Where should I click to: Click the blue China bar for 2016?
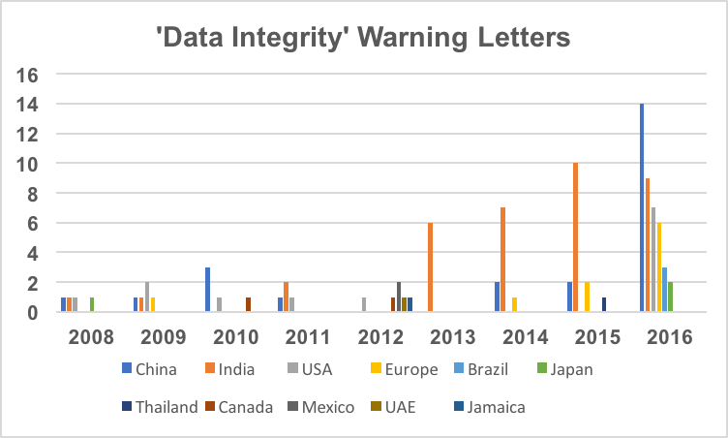pyautogui.click(x=642, y=207)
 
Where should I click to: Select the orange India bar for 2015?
pyautogui.click(x=576, y=237)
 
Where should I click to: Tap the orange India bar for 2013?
pyautogui.click(x=430, y=267)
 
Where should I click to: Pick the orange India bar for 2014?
pyautogui.click(x=503, y=260)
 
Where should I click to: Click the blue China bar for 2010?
pyautogui.click(x=208, y=290)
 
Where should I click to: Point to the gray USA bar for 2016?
pyautogui.click(x=653, y=260)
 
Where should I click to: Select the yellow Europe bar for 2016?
pyautogui.click(x=659, y=267)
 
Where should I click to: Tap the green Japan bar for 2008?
pyautogui.click(x=92, y=304)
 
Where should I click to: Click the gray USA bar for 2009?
pyautogui.click(x=147, y=297)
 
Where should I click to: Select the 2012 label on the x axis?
pyautogui.click(x=380, y=337)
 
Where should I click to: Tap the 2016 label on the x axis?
pyautogui.click(x=670, y=337)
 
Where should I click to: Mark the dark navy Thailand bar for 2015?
pyautogui.click(x=604, y=304)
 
